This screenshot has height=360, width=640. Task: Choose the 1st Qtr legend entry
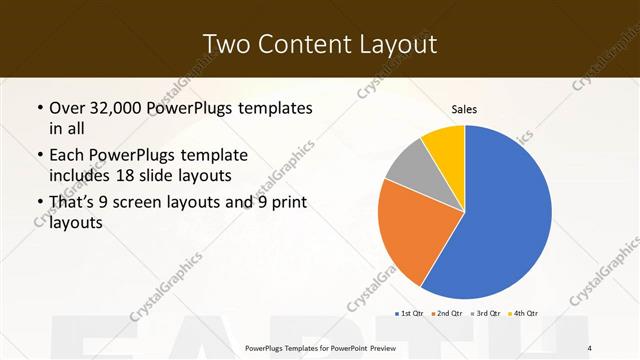409,313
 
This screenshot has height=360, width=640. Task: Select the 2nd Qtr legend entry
446,313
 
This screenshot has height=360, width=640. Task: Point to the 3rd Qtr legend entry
486,313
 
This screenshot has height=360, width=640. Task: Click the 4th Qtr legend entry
524,313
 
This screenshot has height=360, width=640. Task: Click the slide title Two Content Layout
319,43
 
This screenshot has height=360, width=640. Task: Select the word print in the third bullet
285,204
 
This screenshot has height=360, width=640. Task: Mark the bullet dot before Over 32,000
39,107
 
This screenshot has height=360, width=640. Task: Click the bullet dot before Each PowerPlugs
39,156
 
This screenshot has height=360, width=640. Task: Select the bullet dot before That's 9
39,204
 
